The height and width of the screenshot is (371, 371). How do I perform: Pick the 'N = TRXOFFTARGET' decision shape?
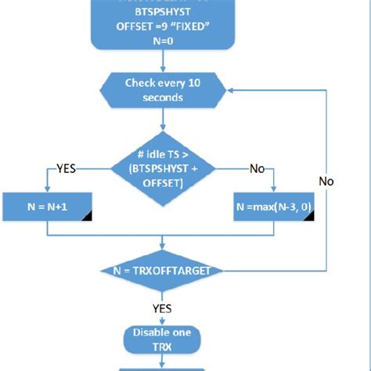coord(163,270)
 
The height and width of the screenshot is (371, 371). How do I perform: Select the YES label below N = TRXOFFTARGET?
coord(162,308)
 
